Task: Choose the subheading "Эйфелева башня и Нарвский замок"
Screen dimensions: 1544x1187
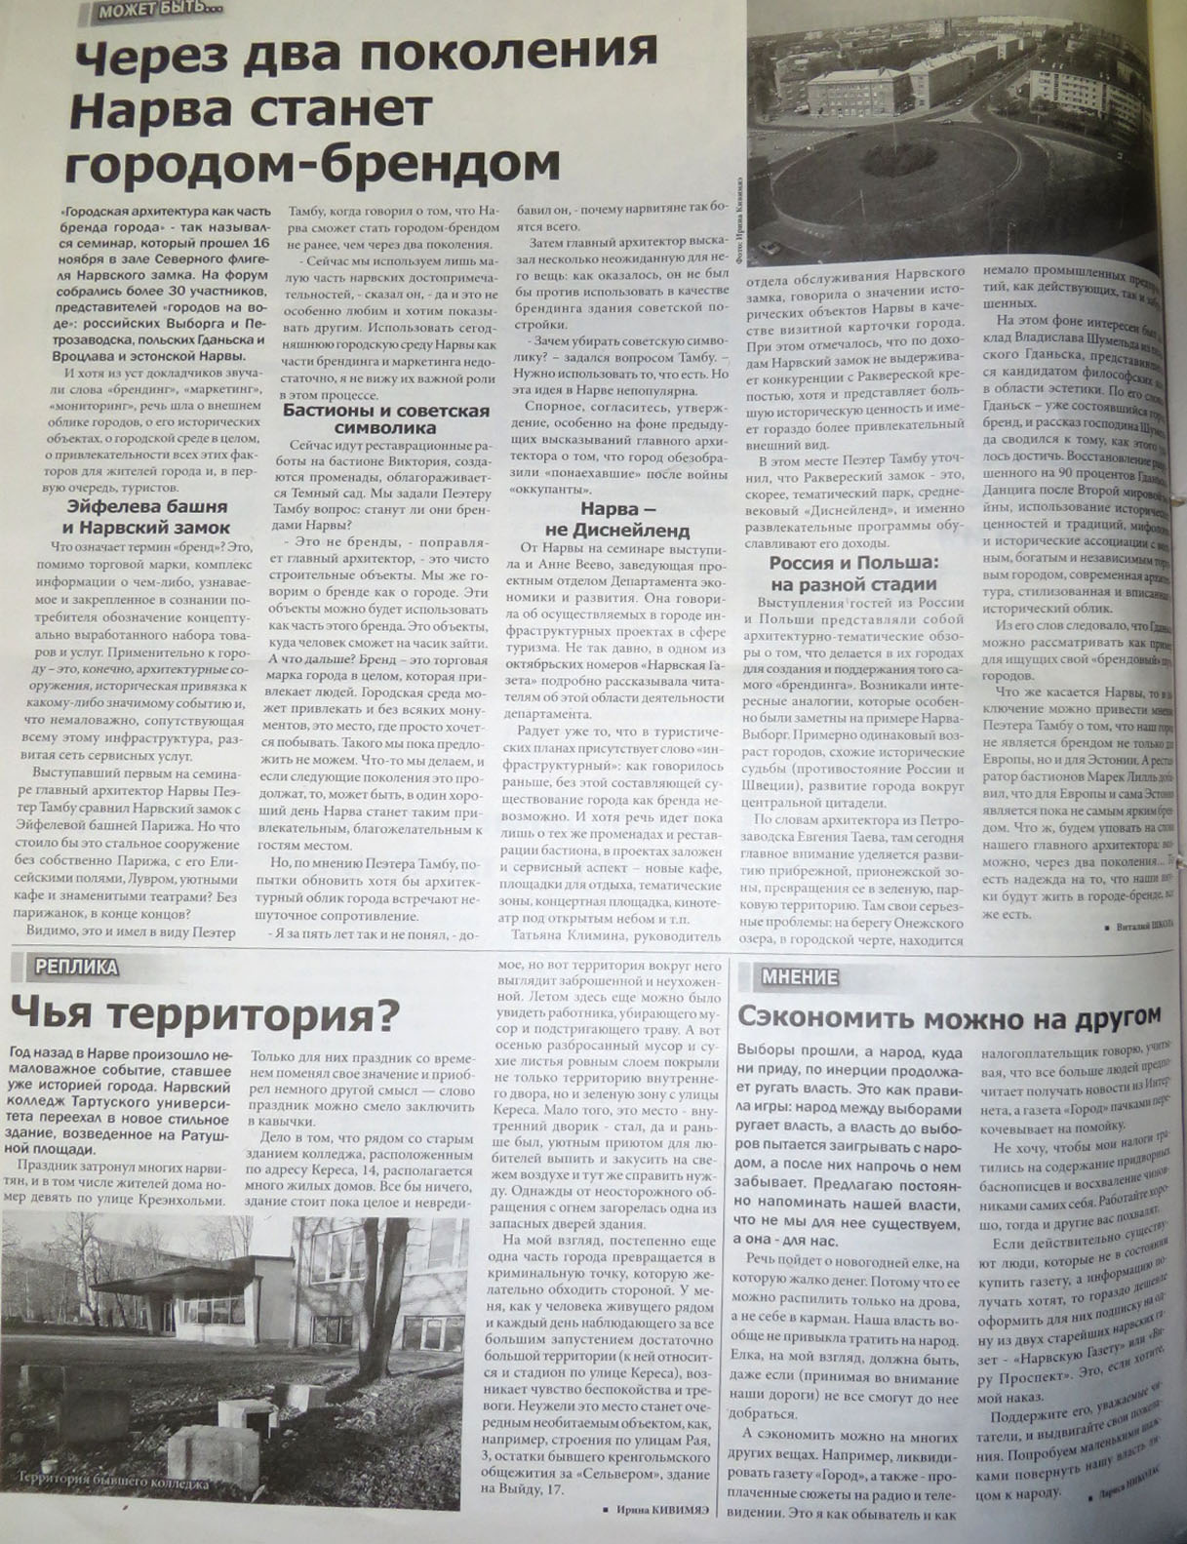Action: pos(148,514)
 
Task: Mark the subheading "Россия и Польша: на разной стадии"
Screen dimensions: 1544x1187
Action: pos(852,574)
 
